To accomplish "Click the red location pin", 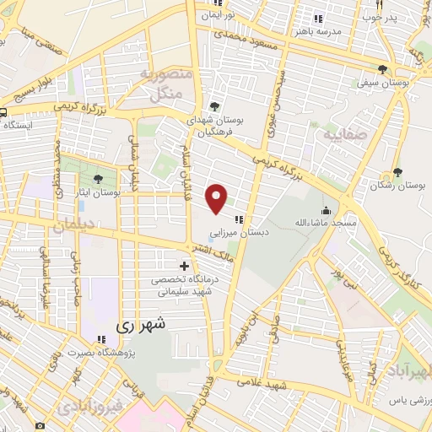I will (x=218, y=198).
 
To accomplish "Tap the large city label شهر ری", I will (x=142, y=323).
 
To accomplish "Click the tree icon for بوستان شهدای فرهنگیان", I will (x=213, y=106).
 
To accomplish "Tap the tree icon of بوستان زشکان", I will (x=397, y=173).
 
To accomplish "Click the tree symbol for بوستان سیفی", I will (x=383, y=69).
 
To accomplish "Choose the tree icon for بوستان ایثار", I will (x=99, y=179).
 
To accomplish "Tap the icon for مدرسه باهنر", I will (x=318, y=18).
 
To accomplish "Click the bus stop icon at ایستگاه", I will (x=3, y=112).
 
